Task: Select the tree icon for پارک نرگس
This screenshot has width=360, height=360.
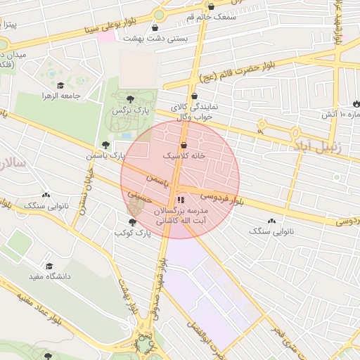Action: [x=130, y=99]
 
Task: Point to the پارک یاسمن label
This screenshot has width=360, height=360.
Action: [x=105, y=155]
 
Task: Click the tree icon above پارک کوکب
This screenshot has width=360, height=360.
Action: [x=132, y=222]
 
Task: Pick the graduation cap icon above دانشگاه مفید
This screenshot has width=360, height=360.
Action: [x=49, y=266]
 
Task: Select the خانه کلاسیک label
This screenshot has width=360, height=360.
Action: [x=184, y=155]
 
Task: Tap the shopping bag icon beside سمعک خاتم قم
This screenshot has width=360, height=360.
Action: [x=211, y=7]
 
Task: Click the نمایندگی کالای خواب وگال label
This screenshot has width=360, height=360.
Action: [x=193, y=112]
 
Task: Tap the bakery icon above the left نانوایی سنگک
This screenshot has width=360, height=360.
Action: [x=46, y=195]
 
